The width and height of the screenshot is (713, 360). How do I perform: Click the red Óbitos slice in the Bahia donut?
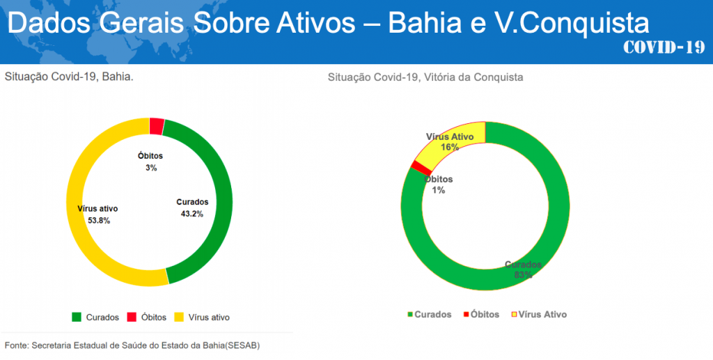click(x=157, y=126)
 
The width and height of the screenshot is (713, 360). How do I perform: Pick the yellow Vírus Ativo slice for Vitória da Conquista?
click(x=446, y=139)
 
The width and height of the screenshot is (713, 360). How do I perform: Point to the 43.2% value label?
click(x=191, y=214)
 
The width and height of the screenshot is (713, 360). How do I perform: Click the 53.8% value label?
click(x=99, y=220)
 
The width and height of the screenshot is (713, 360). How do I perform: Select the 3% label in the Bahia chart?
click(x=151, y=168)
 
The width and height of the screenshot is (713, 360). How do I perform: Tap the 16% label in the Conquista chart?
click(x=450, y=147)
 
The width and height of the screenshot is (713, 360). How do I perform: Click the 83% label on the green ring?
click(x=524, y=275)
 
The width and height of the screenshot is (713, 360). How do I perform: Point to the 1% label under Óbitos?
click(x=439, y=190)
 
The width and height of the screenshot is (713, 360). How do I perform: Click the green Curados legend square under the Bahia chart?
click(x=77, y=318)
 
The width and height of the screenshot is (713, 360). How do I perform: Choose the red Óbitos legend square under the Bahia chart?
click(x=132, y=318)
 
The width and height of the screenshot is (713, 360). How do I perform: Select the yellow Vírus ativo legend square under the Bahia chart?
click(x=179, y=318)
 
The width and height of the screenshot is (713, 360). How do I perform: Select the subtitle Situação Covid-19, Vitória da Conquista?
click(x=425, y=77)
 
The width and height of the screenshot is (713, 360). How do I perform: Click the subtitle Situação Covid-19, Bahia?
click(x=69, y=76)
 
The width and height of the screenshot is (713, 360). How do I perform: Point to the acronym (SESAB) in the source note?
click(x=242, y=345)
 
